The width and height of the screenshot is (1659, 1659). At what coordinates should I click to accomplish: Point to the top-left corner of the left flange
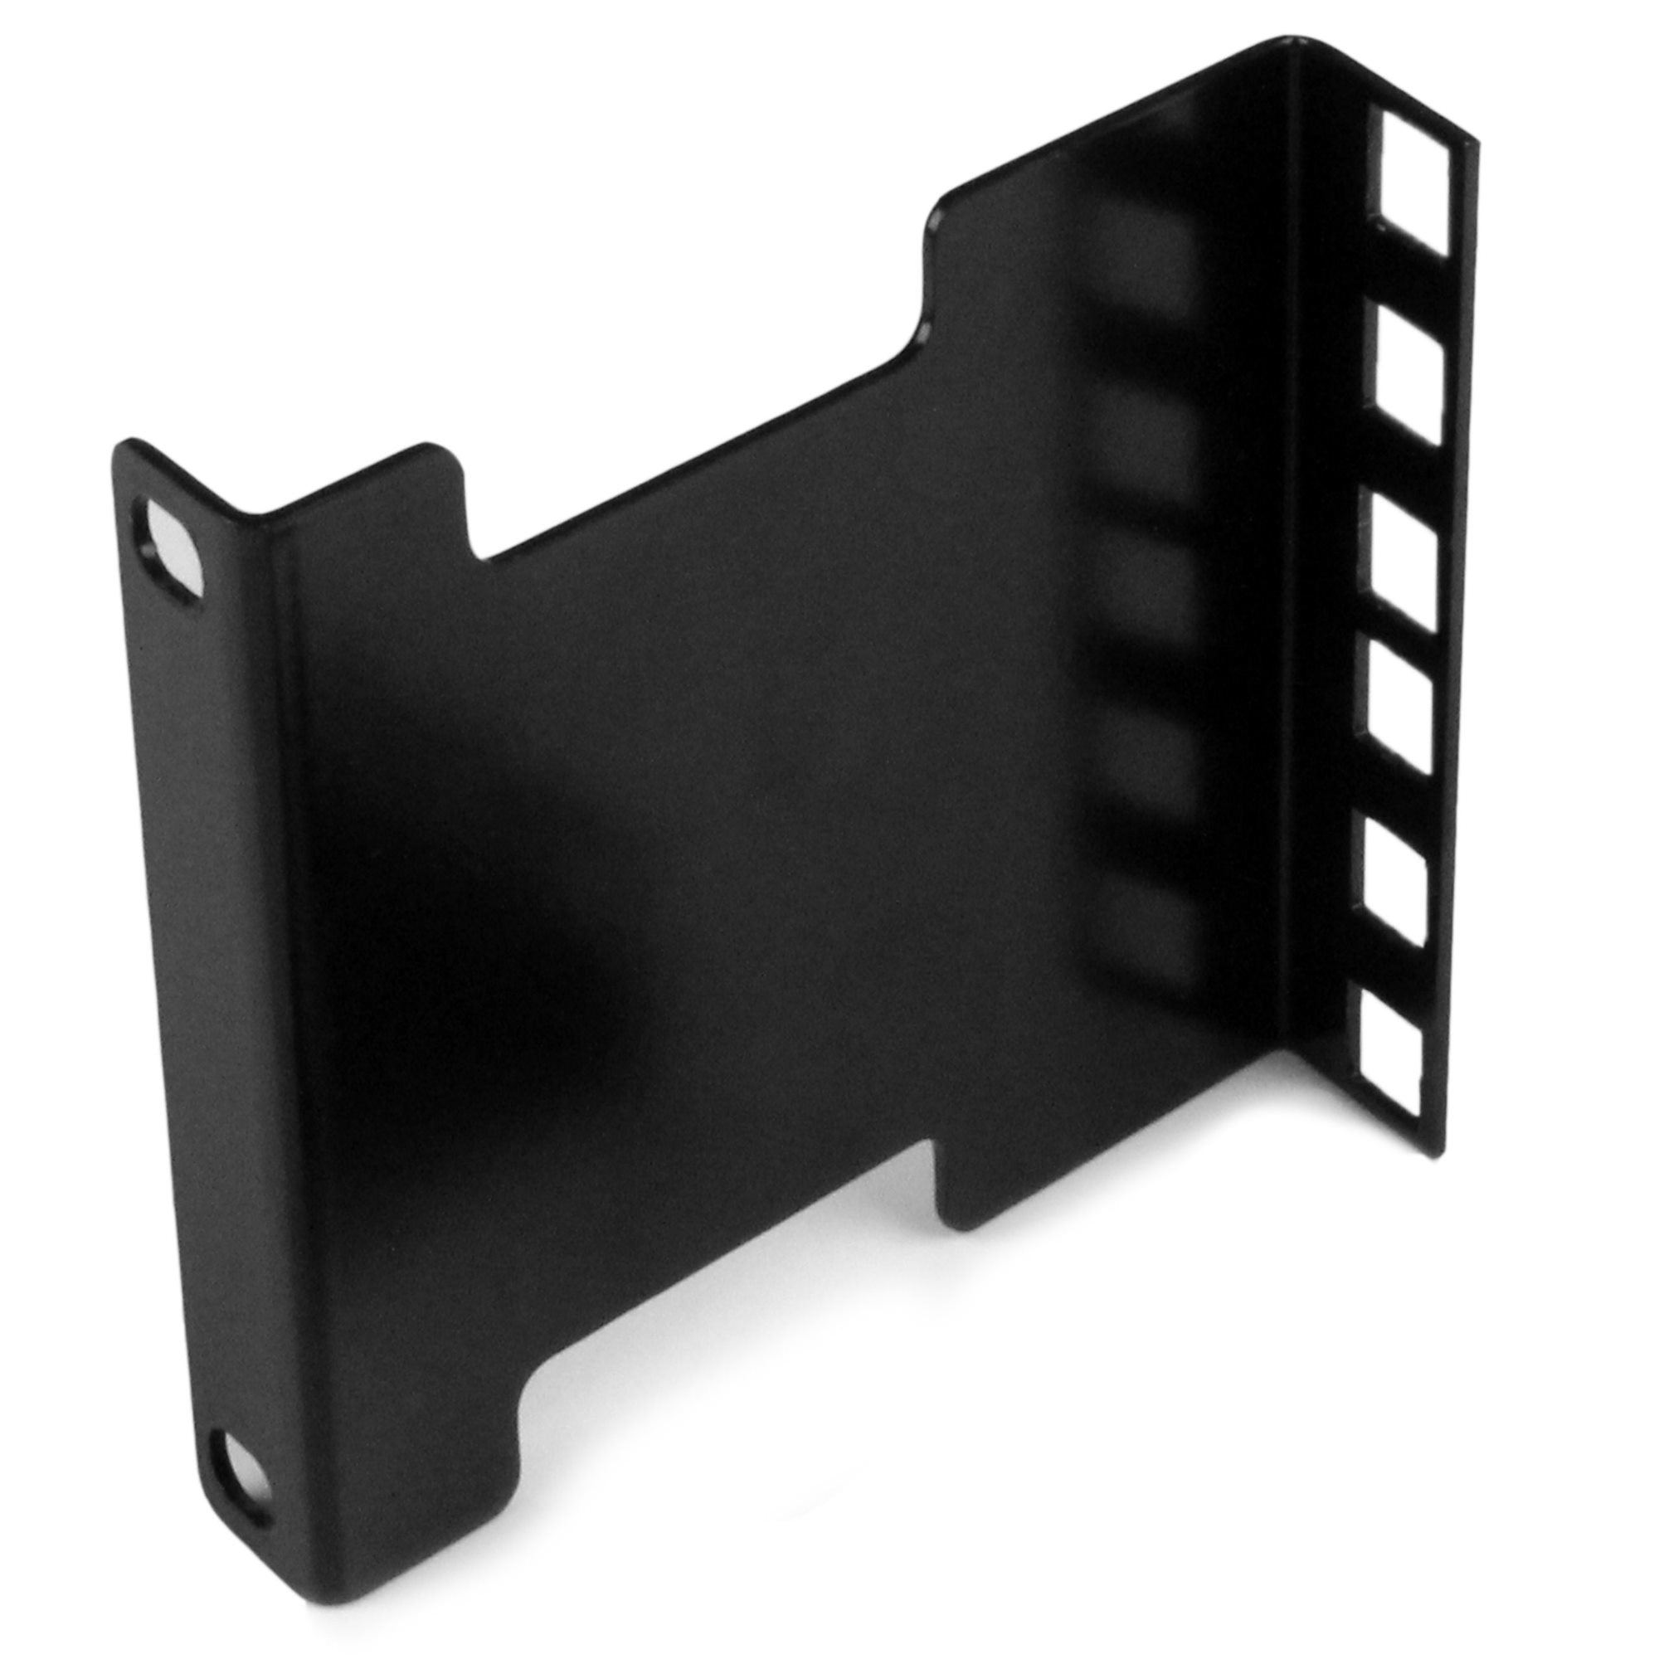point(123,446)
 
